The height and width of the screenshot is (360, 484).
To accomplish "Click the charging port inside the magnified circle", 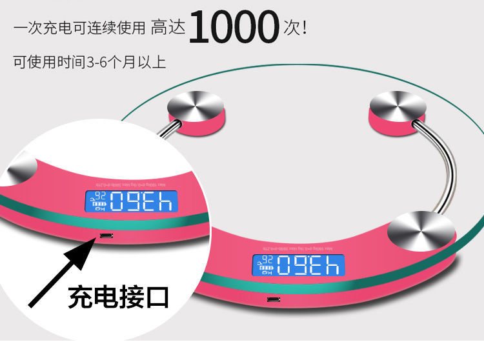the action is click(105, 236).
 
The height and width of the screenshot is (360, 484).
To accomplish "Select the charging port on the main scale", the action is click(274, 299).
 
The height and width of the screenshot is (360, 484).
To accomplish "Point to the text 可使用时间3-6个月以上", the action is click(90, 62).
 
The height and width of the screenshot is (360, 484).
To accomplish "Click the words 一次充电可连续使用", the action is click(79, 28).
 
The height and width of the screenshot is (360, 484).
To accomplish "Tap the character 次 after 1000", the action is click(291, 28).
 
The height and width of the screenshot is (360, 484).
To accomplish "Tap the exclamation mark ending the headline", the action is click(303, 28).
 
